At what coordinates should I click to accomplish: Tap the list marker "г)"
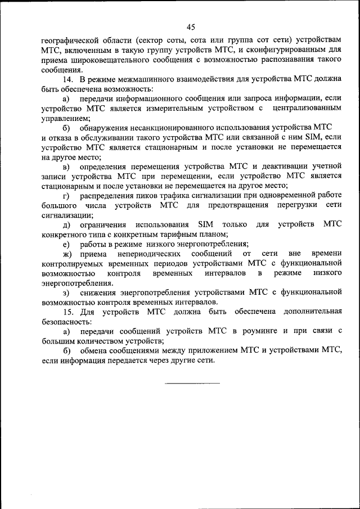pos(66,195)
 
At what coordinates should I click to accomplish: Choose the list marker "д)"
pos(66,224)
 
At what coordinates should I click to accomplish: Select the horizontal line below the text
pos(192,383)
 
